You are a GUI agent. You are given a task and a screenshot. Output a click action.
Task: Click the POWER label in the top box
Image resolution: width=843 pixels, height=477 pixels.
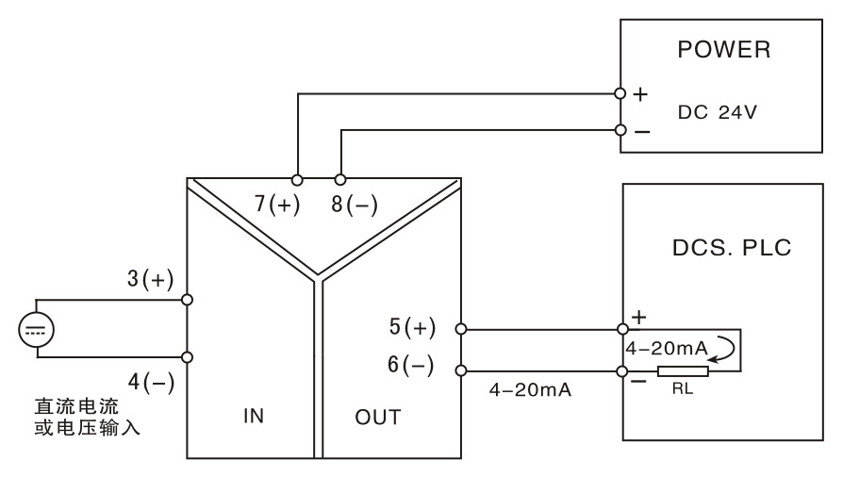(x=723, y=49)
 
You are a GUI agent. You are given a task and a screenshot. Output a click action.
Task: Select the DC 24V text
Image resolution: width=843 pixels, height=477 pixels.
(x=718, y=112)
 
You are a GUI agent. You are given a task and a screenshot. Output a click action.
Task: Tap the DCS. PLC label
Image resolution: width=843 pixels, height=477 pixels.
(x=732, y=248)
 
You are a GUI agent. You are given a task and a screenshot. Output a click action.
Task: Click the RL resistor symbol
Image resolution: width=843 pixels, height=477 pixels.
(x=683, y=371)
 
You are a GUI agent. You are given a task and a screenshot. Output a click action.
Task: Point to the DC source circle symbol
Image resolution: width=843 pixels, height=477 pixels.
(x=37, y=329)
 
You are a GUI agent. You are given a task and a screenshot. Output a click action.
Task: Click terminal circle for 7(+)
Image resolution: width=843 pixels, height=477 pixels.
(x=297, y=180)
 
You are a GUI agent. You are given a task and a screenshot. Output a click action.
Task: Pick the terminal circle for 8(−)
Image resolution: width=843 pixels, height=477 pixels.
(x=340, y=180)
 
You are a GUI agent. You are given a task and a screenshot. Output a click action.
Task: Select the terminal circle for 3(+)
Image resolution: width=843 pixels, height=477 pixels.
(x=187, y=300)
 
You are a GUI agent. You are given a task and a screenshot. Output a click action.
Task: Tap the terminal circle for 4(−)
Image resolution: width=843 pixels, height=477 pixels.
(x=187, y=357)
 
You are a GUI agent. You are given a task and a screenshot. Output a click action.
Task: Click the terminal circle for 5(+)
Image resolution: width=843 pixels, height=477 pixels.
(x=461, y=329)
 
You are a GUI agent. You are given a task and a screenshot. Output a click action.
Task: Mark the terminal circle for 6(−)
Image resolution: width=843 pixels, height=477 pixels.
(x=461, y=370)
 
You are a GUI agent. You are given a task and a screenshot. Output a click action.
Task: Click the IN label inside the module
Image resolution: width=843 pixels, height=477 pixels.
(x=254, y=416)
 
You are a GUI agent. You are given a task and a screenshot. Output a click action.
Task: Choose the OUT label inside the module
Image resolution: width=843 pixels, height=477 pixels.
(x=378, y=418)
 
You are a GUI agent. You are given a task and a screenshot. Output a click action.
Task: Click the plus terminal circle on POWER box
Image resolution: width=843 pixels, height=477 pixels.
(x=620, y=93)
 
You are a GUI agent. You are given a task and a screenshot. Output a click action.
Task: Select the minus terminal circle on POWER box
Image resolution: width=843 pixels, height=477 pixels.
(x=621, y=130)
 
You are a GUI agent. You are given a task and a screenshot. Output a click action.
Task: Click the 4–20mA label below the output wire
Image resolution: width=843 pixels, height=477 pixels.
(x=530, y=389)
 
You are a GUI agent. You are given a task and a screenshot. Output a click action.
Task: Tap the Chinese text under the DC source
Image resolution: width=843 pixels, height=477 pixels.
(x=87, y=417)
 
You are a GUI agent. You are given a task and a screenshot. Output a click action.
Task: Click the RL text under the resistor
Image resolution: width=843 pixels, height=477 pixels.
(x=683, y=388)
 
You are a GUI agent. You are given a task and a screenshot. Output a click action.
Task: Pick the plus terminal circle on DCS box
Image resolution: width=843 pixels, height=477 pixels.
(x=622, y=329)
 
